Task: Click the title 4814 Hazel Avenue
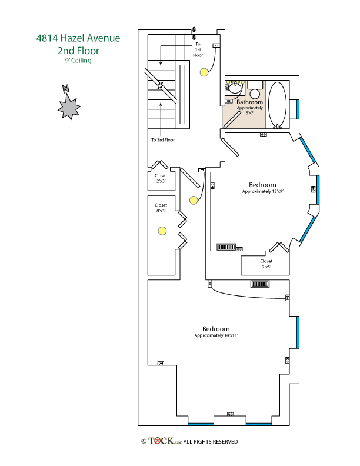78,39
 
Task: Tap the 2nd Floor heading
78,51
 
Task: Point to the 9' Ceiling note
78,61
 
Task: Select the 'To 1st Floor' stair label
198,48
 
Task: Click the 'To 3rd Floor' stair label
163,140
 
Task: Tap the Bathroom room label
249,102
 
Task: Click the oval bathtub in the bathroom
277,105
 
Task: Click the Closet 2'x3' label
161,178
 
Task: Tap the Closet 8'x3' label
161,208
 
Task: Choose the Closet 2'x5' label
266,264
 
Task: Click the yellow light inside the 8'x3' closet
162,231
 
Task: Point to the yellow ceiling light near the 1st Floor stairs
204,72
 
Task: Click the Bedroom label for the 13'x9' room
262,184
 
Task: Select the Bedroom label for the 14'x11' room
216,329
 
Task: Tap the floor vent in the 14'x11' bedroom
260,284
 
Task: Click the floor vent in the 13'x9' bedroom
226,247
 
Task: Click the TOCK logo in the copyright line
165,441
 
